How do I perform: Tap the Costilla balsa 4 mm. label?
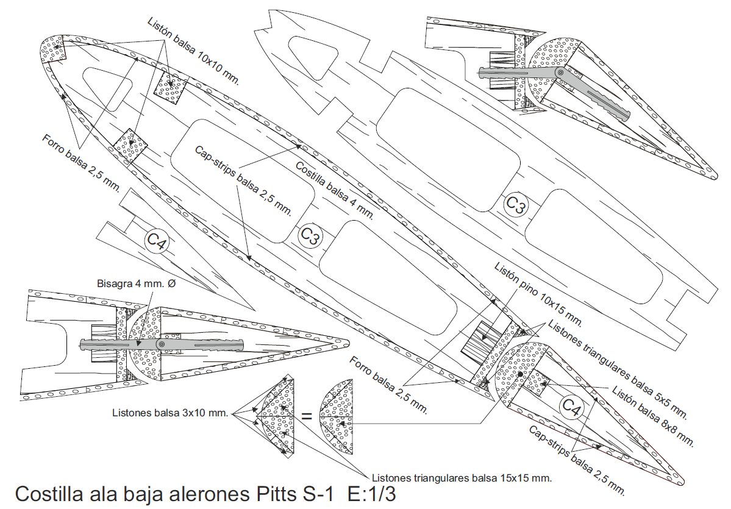tap(334, 189)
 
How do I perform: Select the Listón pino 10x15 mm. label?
tap(538, 293)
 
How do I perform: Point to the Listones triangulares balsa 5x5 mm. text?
tap(618, 368)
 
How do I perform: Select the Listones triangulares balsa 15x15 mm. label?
tap(462, 478)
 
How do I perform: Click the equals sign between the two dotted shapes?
tap(307, 418)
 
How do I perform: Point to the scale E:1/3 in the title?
tap(370, 494)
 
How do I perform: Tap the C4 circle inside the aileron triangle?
tap(572, 407)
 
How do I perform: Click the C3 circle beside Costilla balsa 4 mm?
tap(310, 236)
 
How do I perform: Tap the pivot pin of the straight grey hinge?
tap(161, 345)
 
